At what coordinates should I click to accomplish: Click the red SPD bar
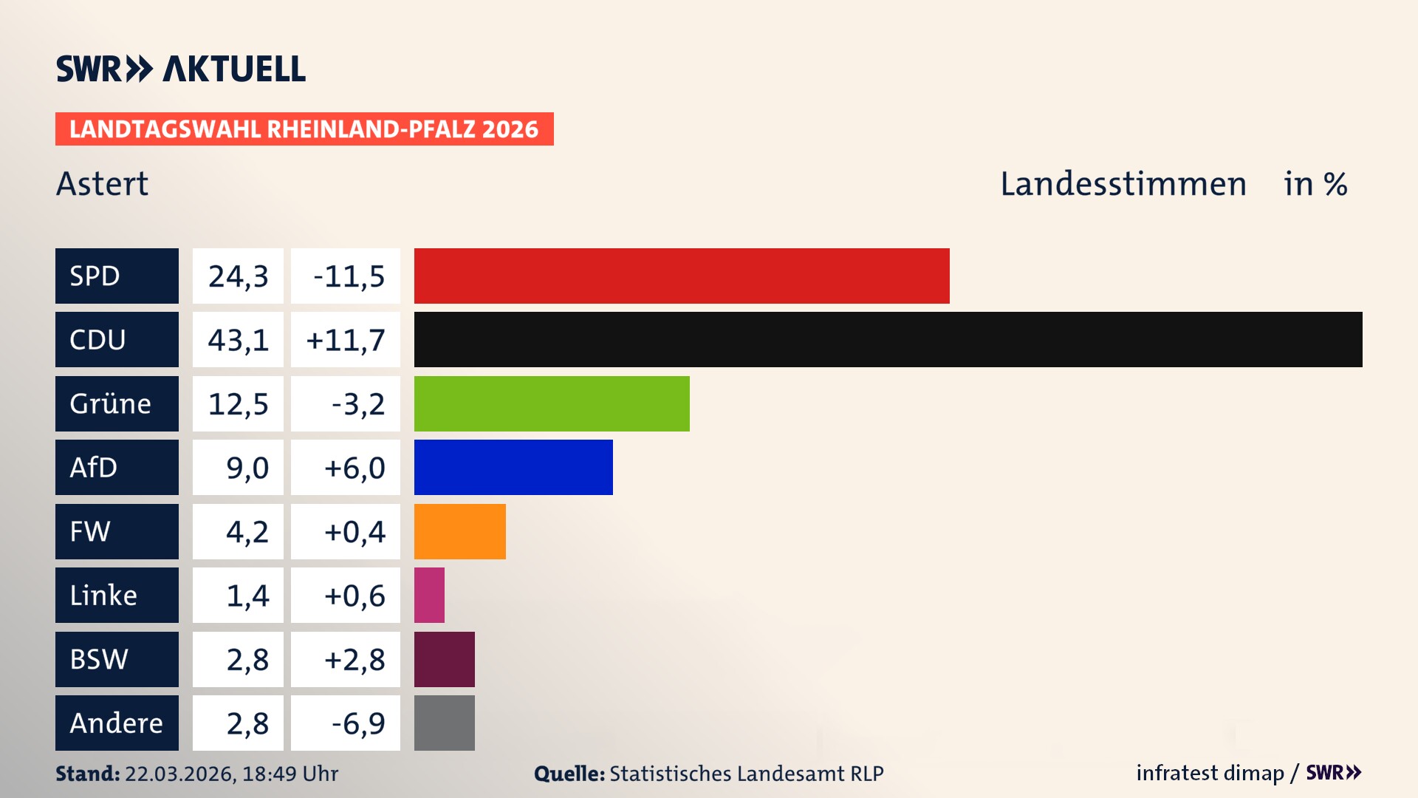(681, 276)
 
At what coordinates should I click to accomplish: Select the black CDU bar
(888, 339)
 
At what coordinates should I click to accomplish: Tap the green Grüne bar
(551, 403)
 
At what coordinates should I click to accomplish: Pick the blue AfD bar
(513, 467)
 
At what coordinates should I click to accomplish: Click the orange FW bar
(459, 531)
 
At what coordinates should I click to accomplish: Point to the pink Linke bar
(429, 595)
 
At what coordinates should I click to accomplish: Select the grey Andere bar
(444, 723)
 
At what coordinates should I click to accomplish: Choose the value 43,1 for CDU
(238, 340)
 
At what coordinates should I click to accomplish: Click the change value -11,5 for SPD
(348, 276)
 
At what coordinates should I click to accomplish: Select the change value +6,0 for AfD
(354, 468)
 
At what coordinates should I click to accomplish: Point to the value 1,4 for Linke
(247, 596)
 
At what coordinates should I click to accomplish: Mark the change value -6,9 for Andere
(357, 723)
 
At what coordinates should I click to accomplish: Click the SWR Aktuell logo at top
(180, 69)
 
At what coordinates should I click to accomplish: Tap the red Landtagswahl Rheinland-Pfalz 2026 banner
(304, 129)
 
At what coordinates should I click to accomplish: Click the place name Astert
(102, 183)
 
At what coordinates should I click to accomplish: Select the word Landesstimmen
(1123, 183)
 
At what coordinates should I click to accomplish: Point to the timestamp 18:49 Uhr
(290, 774)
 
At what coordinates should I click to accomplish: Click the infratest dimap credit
(1209, 773)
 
